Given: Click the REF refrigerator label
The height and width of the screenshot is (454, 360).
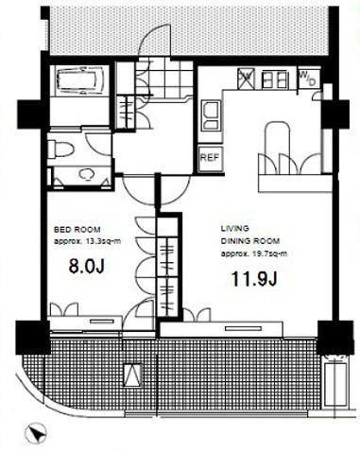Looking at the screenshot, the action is (210, 157).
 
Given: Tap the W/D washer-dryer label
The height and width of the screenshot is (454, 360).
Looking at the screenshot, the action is (307, 79).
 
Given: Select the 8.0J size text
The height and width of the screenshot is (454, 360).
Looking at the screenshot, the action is (86, 267).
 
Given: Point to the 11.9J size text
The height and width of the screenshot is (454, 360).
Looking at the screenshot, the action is (254, 279).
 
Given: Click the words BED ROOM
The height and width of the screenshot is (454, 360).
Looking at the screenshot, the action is (77, 230).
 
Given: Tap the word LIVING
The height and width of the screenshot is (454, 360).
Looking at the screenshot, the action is (234, 228).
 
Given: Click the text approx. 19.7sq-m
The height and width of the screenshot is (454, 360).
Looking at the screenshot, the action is (254, 253).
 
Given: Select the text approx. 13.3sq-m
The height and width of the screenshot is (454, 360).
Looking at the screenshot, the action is (87, 242).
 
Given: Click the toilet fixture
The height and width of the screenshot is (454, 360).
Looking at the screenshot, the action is (61, 148).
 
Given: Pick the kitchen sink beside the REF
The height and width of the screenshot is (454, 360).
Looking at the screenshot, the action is (211, 115).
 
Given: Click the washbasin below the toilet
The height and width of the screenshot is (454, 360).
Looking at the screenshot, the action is (86, 174).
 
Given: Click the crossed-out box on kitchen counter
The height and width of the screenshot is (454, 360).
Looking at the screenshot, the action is (246, 79).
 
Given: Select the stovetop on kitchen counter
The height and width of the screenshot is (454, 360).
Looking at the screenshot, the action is (275, 79).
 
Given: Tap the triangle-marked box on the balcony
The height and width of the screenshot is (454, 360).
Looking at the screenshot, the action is (132, 375).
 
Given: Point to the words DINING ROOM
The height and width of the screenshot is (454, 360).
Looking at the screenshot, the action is (250, 241).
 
